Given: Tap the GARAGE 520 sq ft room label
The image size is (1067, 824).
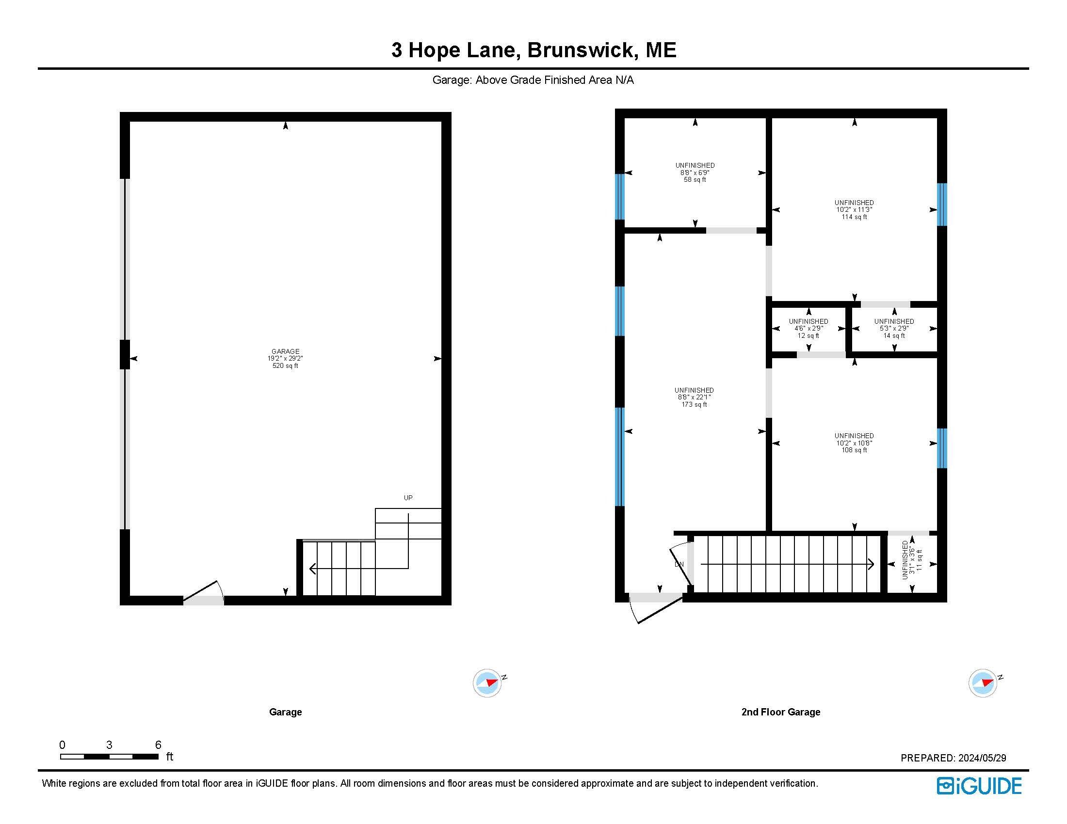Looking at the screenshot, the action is click(x=285, y=358).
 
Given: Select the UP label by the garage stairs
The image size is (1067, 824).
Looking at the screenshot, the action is click(x=408, y=498).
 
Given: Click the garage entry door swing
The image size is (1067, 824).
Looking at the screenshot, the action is click(x=204, y=589).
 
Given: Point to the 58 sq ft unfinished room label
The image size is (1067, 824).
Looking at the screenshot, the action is click(x=695, y=173).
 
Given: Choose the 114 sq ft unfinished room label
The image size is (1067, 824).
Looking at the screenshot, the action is click(x=854, y=209).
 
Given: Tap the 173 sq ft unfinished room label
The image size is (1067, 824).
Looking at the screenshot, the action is click(x=694, y=397).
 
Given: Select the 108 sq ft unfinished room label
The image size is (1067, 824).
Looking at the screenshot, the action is click(x=854, y=443).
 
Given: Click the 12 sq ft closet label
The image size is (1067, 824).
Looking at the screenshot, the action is click(x=808, y=329).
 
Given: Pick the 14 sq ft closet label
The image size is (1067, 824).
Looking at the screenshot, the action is click(x=894, y=329).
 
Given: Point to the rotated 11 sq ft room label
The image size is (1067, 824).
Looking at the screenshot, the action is click(x=912, y=560).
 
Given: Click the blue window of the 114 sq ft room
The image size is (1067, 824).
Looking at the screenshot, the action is click(x=942, y=205).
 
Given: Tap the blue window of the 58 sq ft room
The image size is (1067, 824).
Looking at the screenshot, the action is click(x=619, y=197).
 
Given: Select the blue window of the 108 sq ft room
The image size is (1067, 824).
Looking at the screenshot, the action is click(x=942, y=449).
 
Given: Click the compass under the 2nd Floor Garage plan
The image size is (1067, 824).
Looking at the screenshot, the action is click(x=983, y=683).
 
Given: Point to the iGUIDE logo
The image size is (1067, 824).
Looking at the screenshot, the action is click(x=979, y=786).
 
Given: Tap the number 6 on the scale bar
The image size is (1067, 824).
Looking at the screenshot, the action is click(x=158, y=745).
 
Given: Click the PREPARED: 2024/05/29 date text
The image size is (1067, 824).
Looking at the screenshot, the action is click(x=953, y=758).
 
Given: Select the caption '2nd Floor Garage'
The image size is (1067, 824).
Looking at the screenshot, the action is click(x=781, y=712).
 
